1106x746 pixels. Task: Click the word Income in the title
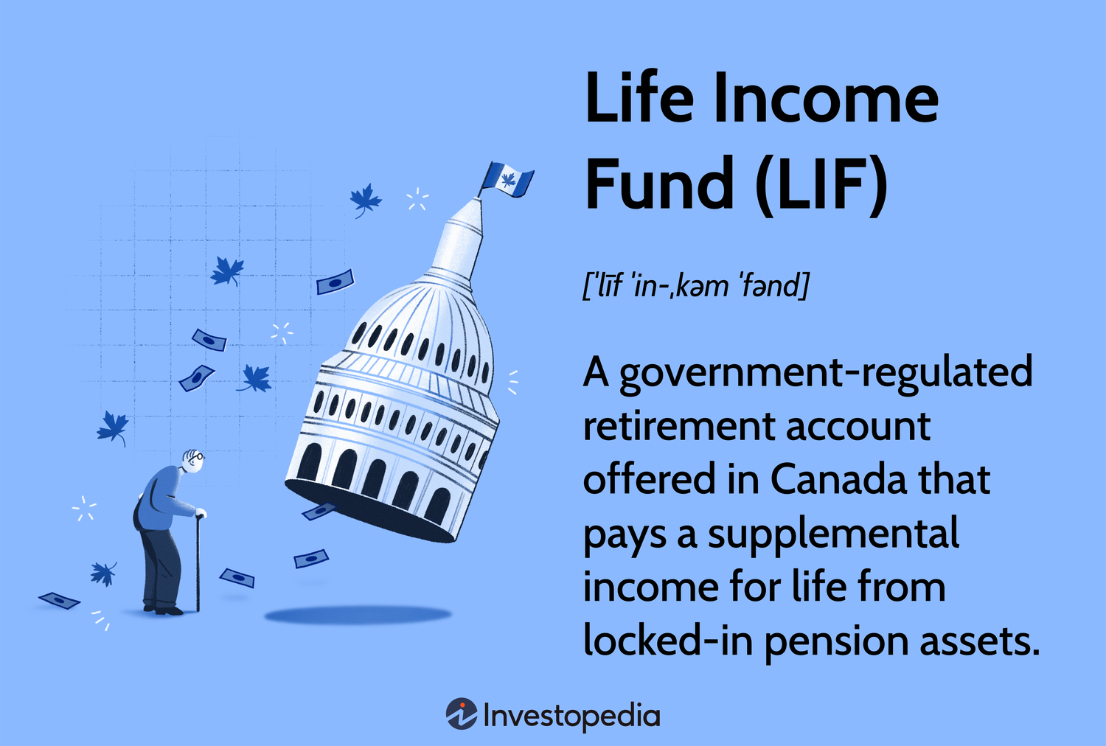(x=826, y=98)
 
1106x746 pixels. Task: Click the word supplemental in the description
(x=833, y=534)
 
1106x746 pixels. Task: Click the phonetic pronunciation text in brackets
(x=695, y=286)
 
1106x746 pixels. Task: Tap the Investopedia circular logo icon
(x=462, y=714)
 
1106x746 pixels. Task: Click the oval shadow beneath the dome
(x=358, y=616)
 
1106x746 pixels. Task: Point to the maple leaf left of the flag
(x=366, y=200)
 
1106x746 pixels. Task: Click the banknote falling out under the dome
(x=319, y=512)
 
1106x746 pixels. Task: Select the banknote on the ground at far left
(x=59, y=600)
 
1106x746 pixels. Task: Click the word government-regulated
(x=826, y=374)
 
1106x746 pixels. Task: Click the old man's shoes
(x=163, y=609)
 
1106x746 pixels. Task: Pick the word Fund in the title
(x=660, y=183)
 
